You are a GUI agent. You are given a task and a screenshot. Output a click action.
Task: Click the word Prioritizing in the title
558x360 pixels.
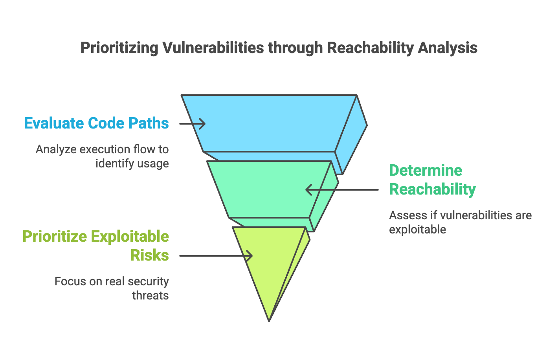pyautogui.click(x=119, y=48)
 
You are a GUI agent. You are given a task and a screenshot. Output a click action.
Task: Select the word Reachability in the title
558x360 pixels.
pyautogui.click(x=371, y=48)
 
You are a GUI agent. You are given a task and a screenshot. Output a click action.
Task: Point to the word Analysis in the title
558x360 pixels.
pyautogui.click(x=448, y=48)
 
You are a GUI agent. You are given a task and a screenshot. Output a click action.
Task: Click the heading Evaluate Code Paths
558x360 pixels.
pyautogui.click(x=96, y=123)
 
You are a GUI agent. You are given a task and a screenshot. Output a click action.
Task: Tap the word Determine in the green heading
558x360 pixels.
pyautogui.click(x=426, y=171)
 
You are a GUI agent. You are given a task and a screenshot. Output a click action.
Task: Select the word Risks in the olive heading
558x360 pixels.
pyautogui.click(x=149, y=255)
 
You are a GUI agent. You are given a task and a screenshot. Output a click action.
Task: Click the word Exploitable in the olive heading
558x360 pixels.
pyautogui.click(x=130, y=237)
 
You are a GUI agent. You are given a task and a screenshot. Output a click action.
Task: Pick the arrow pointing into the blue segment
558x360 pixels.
pyautogui.click(x=192, y=124)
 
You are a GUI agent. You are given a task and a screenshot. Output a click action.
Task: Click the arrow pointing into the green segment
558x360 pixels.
pyautogui.click(x=342, y=190)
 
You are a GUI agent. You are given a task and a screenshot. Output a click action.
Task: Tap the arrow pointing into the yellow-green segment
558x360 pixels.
pyautogui.click(x=216, y=256)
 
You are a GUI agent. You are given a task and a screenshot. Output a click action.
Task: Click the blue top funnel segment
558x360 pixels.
pyautogui.click(x=269, y=123)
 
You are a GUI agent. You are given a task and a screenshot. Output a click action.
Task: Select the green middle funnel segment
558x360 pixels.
pyautogui.click(x=269, y=189)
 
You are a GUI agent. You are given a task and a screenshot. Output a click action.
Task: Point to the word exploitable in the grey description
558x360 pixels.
pyautogui.click(x=417, y=230)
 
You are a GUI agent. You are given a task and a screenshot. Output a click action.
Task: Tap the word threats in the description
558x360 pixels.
pyautogui.click(x=151, y=296)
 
